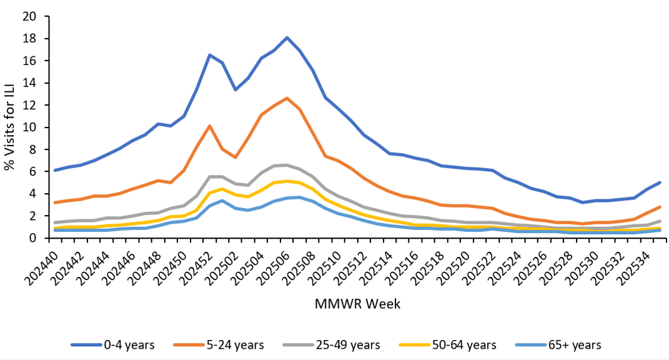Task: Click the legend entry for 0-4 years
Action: pyautogui.click(x=112, y=345)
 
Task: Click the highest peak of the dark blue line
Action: pyautogui.click(x=287, y=37)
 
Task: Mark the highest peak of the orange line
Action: pyautogui.click(x=287, y=98)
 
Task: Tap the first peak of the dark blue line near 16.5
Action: pyautogui.click(x=210, y=55)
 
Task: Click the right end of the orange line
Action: pyautogui.click(x=660, y=207)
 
